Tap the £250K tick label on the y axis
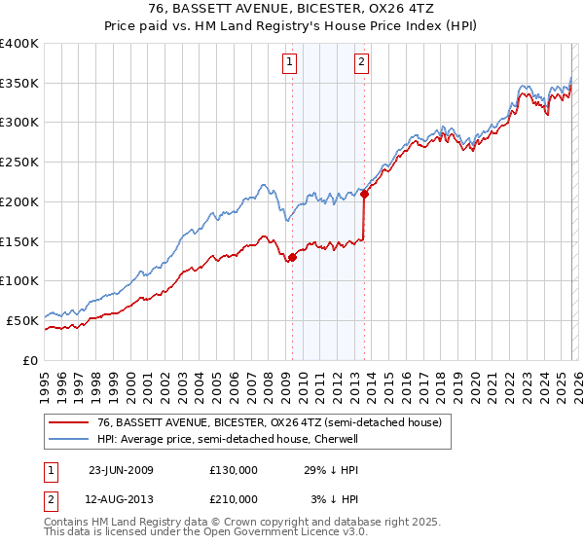(x=19, y=163)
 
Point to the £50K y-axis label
(x=22, y=320)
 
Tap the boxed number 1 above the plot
(x=291, y=63)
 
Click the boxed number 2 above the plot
(x=361, y=63)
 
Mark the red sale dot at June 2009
(x=292, y=257)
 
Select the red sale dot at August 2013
(x=364, y=194)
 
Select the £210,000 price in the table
(x=234, y=498)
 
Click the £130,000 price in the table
(x=234, y=470)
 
